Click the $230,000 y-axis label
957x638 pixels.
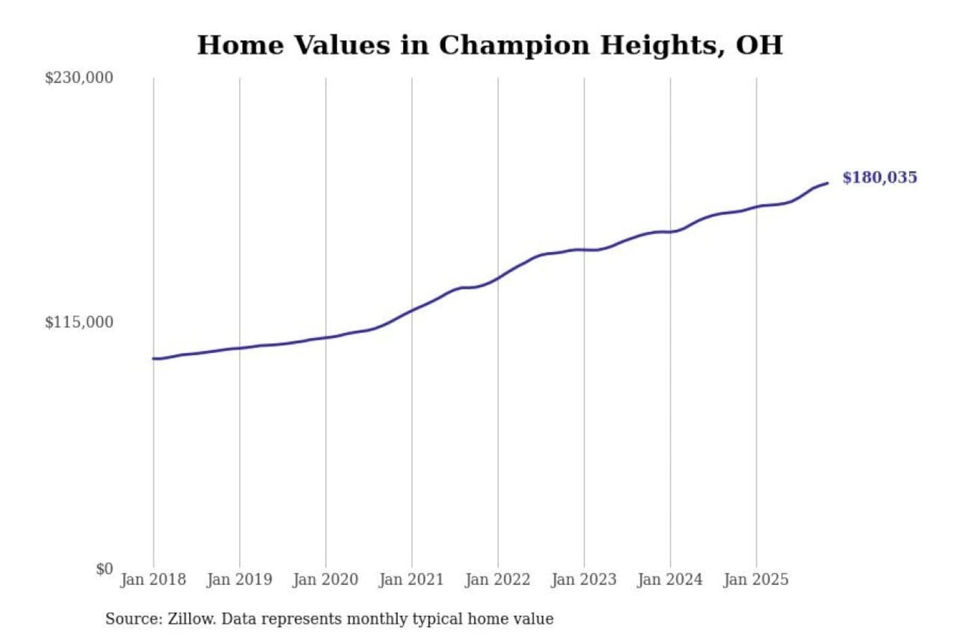pyautogui.click(x=78, y=78)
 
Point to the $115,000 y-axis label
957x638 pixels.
pyautogui.click(x=78, y=322)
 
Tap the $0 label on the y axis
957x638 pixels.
pyautogui.click(x=104, y=569)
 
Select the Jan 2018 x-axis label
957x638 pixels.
pyautogui.click(x=153, y=580)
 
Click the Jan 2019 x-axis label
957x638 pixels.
pyautogui.click(x=239, y=580)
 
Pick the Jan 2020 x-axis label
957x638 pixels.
pyautogui.click(x=325, y=580)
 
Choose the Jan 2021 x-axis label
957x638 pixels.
pyautogui.click(x=411, y=580)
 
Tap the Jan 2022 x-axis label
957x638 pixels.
pyautogui.click(x=497, y=580)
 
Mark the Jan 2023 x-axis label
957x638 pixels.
pyautogui.click(x=584, y=580)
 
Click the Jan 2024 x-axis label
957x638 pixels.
pyautogui.click(x=669, y=580)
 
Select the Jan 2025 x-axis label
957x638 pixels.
pyautogui.click(x=756, y=580)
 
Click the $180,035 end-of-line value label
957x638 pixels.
pyautogui.click(x=879, y=177)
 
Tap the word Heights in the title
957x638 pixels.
pyautogui.click(x=662, y=46)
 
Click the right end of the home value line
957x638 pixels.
pyautogui.click(x=827, y=183)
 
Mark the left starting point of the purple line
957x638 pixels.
pyautogui.click(x=154, y=358)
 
